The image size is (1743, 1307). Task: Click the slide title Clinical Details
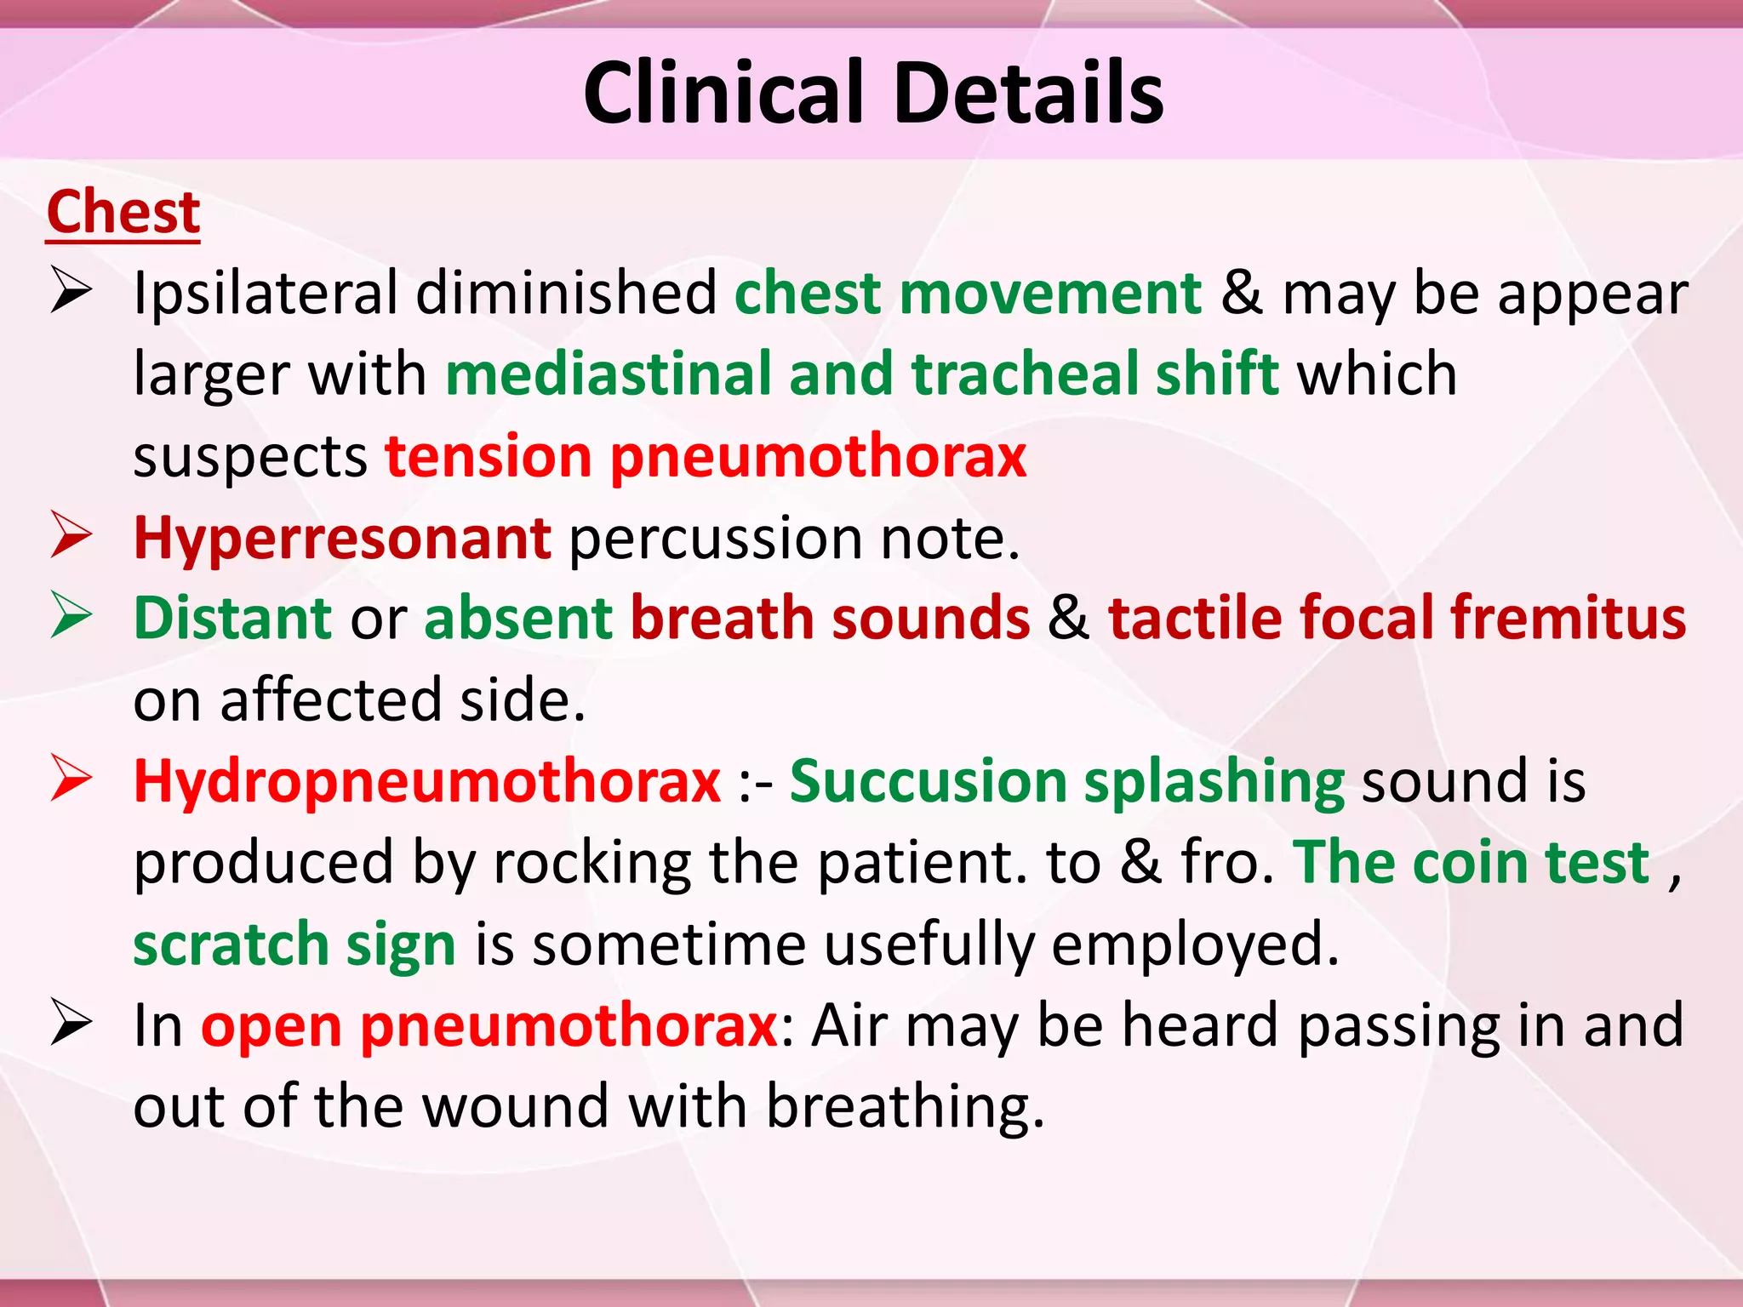[873, 93]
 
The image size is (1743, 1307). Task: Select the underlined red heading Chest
[123, 212]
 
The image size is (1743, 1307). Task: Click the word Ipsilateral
[265, 294]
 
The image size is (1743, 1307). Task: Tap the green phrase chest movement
[968, 294]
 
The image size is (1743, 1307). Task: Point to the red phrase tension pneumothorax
[706, 457]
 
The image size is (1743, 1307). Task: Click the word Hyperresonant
[342, 539]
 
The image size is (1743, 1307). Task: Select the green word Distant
[232, 619]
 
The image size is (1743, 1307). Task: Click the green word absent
[517, 619]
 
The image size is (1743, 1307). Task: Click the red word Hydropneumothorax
[427, 782]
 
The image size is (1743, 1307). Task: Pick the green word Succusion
[928, 782]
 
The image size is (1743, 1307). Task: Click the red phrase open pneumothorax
[489, 1026]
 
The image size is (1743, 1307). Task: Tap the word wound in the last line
[515, 1107]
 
